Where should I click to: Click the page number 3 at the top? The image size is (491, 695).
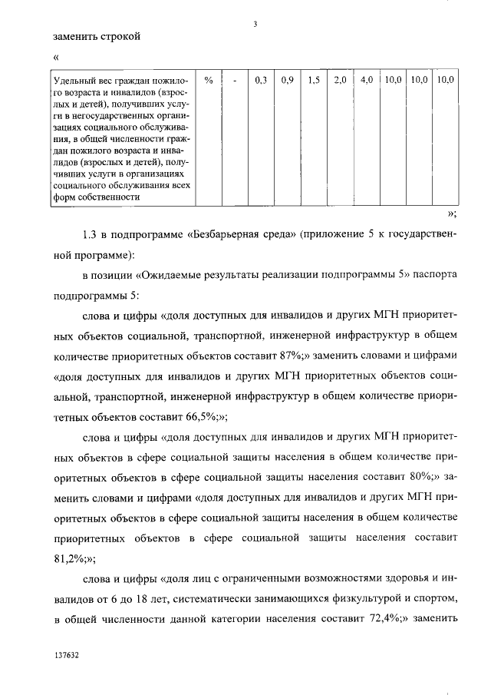tap(254, 24)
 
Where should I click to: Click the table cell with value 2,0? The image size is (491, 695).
tap(341, 78)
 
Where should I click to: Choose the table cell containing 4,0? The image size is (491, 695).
tap(367, 78)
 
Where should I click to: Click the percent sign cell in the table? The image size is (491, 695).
tap(208, 78)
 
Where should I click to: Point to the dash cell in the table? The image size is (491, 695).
tap(235, 78)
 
